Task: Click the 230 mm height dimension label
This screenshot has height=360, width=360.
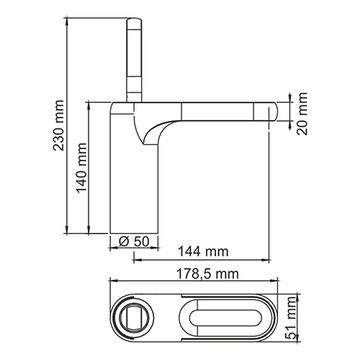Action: pyautogui.click(x=59, y=130)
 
